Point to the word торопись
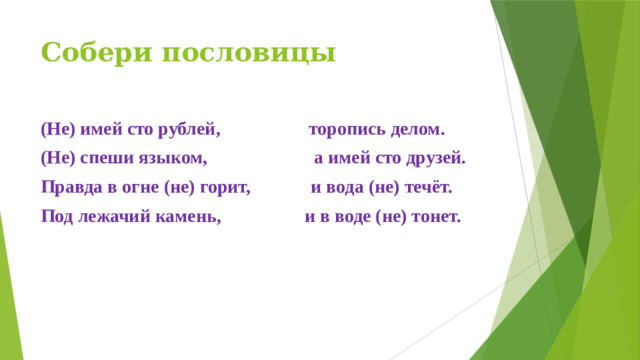(x=343, y=131)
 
